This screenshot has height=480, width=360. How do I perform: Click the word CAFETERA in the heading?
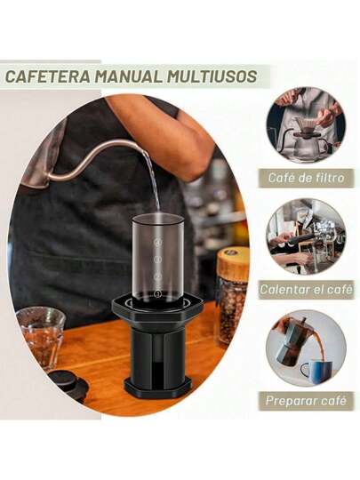pyautogui.click(x=48, y=76)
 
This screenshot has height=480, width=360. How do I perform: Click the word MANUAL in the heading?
pyautogui.click(x=129, y=76)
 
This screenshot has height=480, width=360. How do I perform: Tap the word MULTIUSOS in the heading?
pyautogui.click(x=212, y=76)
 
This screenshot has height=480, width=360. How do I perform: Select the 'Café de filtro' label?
pyautogui.click(x=306, y=178)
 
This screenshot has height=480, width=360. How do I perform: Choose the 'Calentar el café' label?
pyautogui.click(x=306, y=289)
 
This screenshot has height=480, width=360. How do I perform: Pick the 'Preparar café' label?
pyautogui.click(x=306, y=401)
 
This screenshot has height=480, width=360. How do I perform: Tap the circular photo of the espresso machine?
pyautogui.click(x=306, y=236)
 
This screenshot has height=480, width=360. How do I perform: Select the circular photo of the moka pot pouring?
pyautogui.click(x=306, y=348)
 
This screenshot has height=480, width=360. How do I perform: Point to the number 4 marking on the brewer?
pyautogui.click(x=158, y=242)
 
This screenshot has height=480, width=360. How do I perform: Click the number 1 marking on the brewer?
pyautogui.click(x=158, y=294)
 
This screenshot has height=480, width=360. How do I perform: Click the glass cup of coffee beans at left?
pyautogui.click(x=41, y=338)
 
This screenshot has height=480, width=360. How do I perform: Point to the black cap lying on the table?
pyautogui.click(x=68, y=384)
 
